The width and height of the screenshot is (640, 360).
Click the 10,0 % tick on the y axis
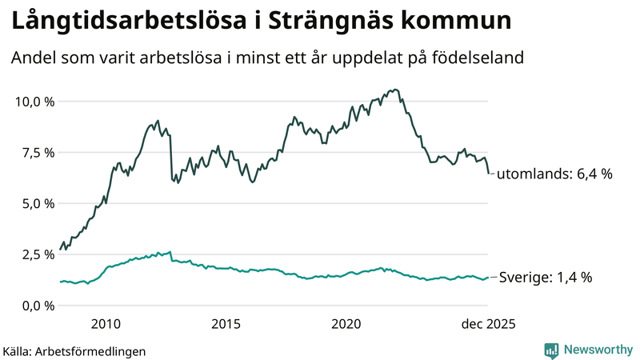tap(33, 102)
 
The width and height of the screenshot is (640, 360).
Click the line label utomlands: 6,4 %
tap(554, 174)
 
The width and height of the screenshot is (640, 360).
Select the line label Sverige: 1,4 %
tap(545, 278)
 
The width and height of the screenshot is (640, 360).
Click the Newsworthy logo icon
tap(551, 350)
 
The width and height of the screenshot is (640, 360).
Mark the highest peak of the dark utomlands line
tap(397, 90)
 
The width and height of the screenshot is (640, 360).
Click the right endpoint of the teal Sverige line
tap(489, 278)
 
